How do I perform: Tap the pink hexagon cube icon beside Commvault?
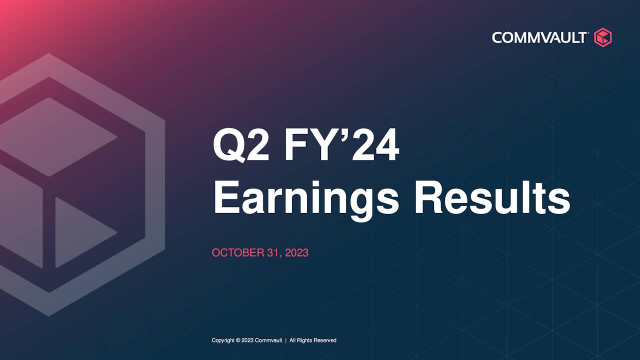pos(602,37)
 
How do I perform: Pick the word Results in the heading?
pos(492,198)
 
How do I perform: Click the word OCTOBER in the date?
pos(237,253)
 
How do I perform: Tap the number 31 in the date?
pos(274,253)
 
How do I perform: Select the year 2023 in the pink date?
pos(297,253)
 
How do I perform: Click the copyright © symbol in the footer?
pos(238,340)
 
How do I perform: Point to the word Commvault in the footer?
pos(268,340)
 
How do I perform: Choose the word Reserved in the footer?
pos(324,340)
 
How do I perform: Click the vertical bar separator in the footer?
pos(285,340)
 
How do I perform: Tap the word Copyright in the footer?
pos(223,340)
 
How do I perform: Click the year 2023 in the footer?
pos(247,340)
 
